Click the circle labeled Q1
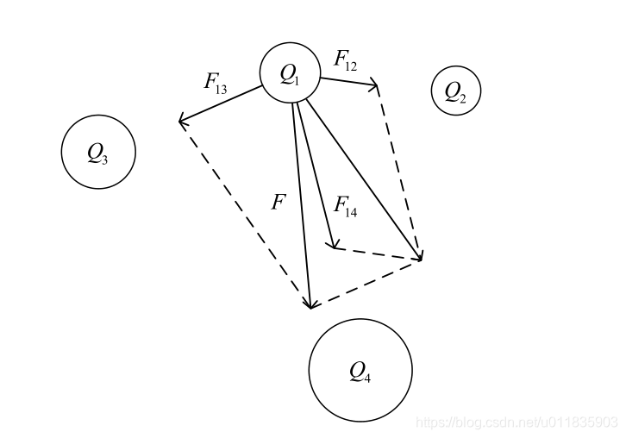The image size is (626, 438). pyautogui.click(x=291, y=73)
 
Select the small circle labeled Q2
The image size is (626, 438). pyautogui.click(x=455, y=91)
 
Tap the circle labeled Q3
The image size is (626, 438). pyautogui.click(x=98, y=153)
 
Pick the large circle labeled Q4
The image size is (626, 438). pyautogui.click(x=360, y=370)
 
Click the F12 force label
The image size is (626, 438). pyautogui.click(x=346, y=59)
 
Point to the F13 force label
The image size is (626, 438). pyautogui.click(x=216, y=83)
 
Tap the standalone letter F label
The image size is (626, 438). pyautogui.click(x=278, y=203)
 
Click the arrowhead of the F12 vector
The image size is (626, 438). pyautogui.click(x=376, y=85)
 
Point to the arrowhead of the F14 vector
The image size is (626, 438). pyautogui.click(x=332, y=246)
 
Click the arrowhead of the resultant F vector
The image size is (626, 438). pyautogui.click(x=310, y=304)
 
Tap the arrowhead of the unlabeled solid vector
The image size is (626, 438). pyautogui.click(x=420, y=257)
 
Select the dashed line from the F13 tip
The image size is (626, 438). pyautogui.click(x=244, y=212)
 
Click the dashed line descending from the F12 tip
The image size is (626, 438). pyautogui.click(x=400, y=172)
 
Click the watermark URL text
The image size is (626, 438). pyautogui.click(x=516, y=422)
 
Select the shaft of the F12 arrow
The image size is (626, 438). pyautogui.click(x=347, y=82)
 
